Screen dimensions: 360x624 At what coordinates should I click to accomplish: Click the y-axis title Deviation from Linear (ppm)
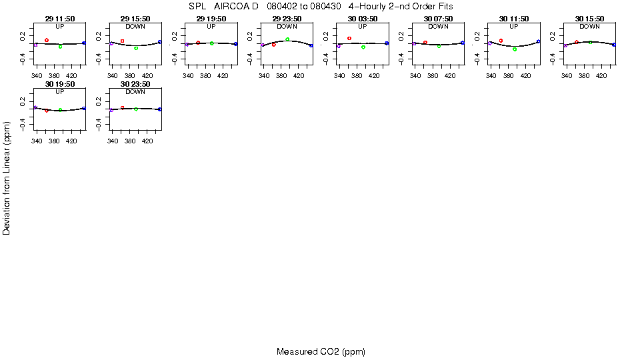[x=7, y=177]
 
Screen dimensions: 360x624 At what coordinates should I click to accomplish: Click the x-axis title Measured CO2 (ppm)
[x=321, y=351]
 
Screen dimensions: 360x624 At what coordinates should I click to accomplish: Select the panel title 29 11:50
[x=59, y=19]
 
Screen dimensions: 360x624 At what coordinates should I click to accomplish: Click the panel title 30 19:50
[x=59, y=85]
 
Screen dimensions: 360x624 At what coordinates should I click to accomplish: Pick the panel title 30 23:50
[x=135, y=85]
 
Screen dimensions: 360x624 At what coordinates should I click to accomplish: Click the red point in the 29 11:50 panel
[x=47, y=40]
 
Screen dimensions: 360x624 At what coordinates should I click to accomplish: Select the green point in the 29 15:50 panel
[x=136, y=48]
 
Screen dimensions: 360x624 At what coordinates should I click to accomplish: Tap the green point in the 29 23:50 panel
[x=287, y=39]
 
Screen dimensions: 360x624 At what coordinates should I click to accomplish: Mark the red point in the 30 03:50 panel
[x=349, y=38]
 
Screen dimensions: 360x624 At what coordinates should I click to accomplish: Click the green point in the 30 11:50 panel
[x=515, y=49]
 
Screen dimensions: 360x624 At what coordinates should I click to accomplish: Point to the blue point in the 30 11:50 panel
[x=538, y=41]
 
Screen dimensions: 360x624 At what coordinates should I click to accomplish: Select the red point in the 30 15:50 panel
[x=576, y=42]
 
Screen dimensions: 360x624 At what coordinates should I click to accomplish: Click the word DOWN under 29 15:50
[x=135, y=26]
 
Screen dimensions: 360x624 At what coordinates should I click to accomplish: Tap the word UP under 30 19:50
[x=59, y=92]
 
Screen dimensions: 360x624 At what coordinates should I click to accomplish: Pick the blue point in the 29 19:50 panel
[x=235, y=43]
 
